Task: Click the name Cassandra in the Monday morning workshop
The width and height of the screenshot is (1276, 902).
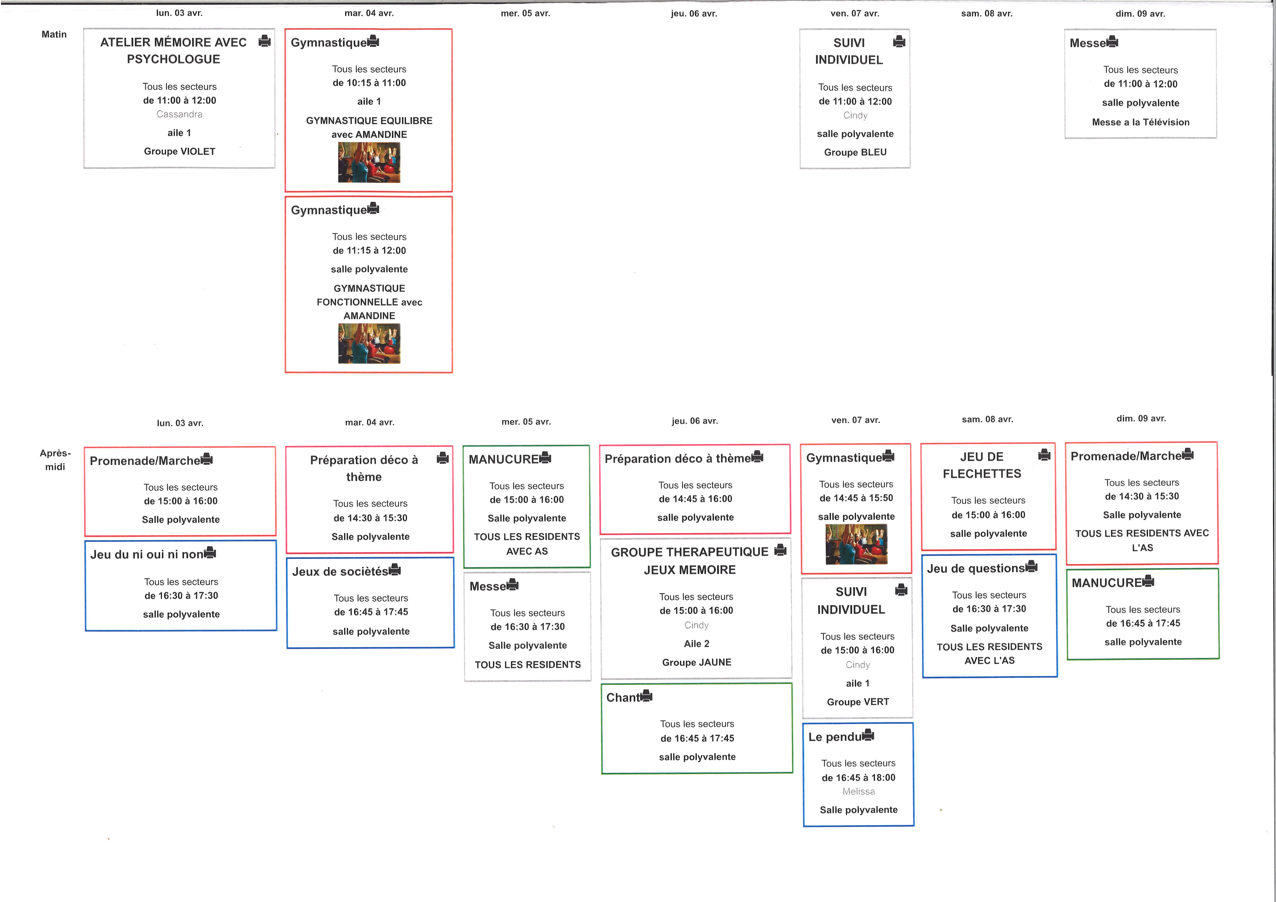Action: pos(180,114)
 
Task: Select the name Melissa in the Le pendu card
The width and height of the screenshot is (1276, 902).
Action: pos(859,791)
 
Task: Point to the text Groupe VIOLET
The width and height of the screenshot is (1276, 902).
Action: pos(180,151)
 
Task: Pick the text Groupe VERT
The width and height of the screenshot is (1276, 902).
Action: pos(858,702)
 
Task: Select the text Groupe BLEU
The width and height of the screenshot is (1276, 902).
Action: pos(855,152)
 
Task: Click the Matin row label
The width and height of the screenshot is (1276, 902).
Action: pos(54,34)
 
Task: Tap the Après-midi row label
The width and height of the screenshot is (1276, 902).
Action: pos(55,460)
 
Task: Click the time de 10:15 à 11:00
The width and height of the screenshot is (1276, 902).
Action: pos(369,83)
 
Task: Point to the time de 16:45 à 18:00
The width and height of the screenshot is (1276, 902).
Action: pos(859,778)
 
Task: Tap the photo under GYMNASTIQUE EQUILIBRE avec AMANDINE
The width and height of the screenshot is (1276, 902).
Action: pos(369,162)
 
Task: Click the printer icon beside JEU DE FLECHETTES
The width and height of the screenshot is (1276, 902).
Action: pos(1044,455)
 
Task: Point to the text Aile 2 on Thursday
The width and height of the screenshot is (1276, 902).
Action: pos(696,644)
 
